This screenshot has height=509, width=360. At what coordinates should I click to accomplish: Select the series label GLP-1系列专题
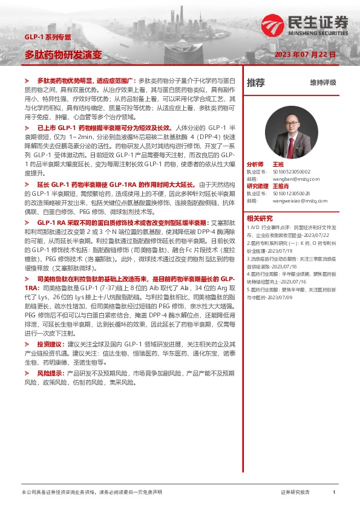tap(47, 37)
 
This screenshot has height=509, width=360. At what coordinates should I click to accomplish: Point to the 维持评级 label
tap(322, 82)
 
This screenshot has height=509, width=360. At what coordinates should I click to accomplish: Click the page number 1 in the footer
tap(334, 492)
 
